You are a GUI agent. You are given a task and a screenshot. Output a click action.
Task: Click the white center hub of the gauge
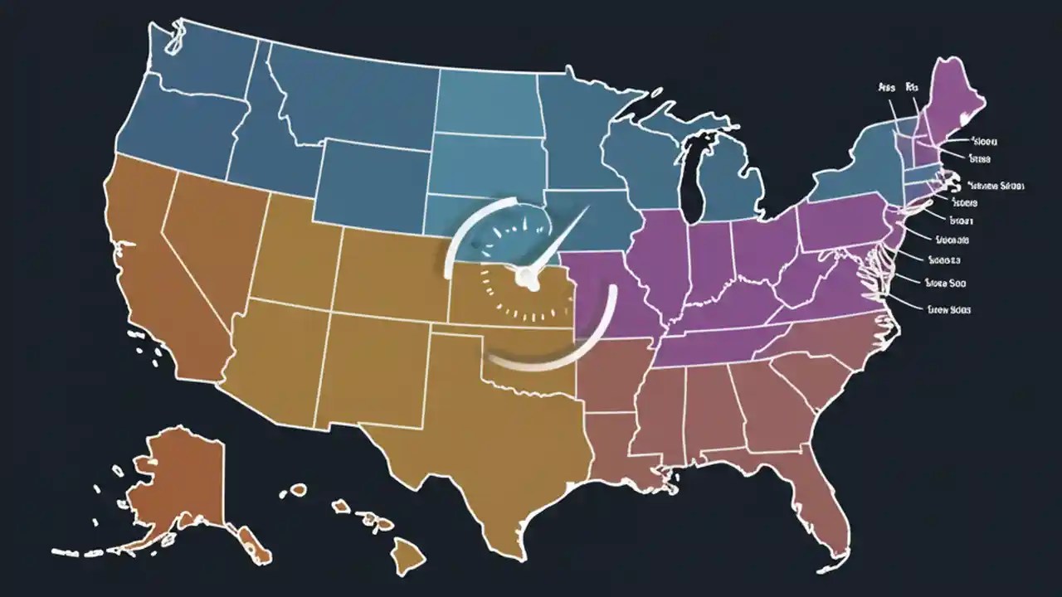tap(525, 278)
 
